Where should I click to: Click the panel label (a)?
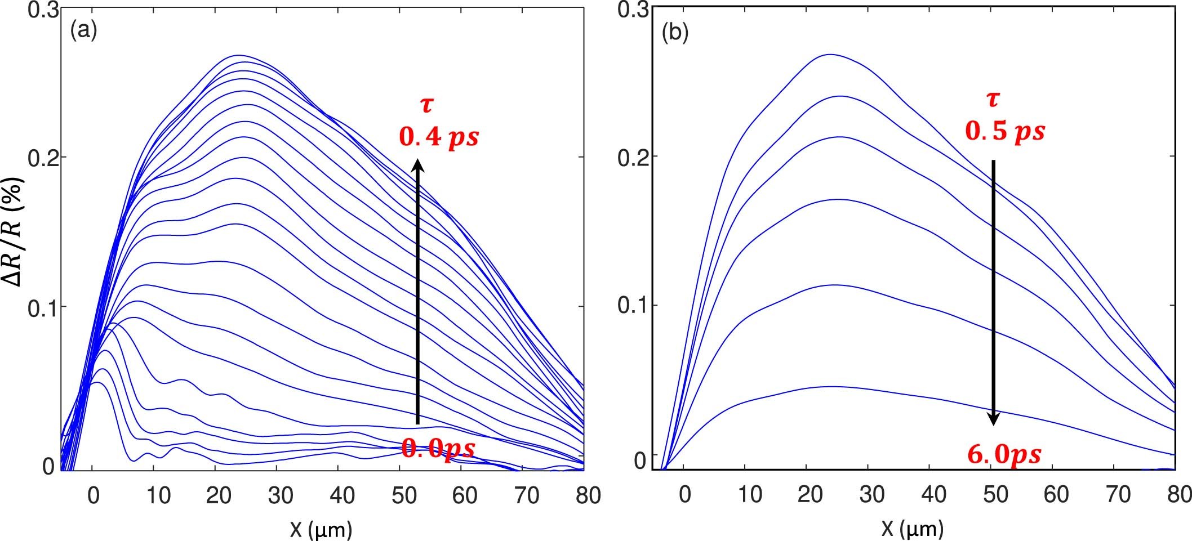[x=83, y=30]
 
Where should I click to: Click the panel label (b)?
[x=675, y=33]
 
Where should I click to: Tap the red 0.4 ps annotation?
[x=439, y=137]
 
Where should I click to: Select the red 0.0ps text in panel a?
[x=438, y=449]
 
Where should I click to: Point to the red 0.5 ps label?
[x=1005, y=132]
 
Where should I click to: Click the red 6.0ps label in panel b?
[x=1004, y=454]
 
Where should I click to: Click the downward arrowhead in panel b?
[x=994, y=418]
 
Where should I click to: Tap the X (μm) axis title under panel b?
[x=912, y=529]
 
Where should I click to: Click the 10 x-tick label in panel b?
[x=749, y=494]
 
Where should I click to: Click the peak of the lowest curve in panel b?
[x=833, y=387]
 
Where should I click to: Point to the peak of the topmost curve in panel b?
[x=830, y=55]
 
